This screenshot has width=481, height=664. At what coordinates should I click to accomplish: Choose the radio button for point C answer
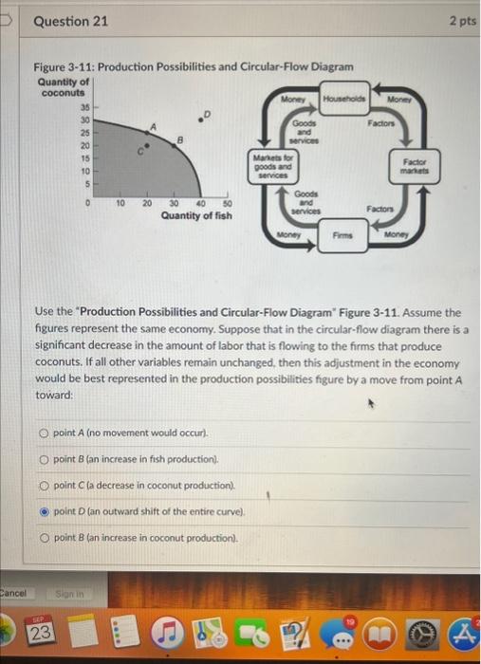point(45,485)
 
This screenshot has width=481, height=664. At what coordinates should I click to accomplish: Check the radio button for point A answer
point(45,433)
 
